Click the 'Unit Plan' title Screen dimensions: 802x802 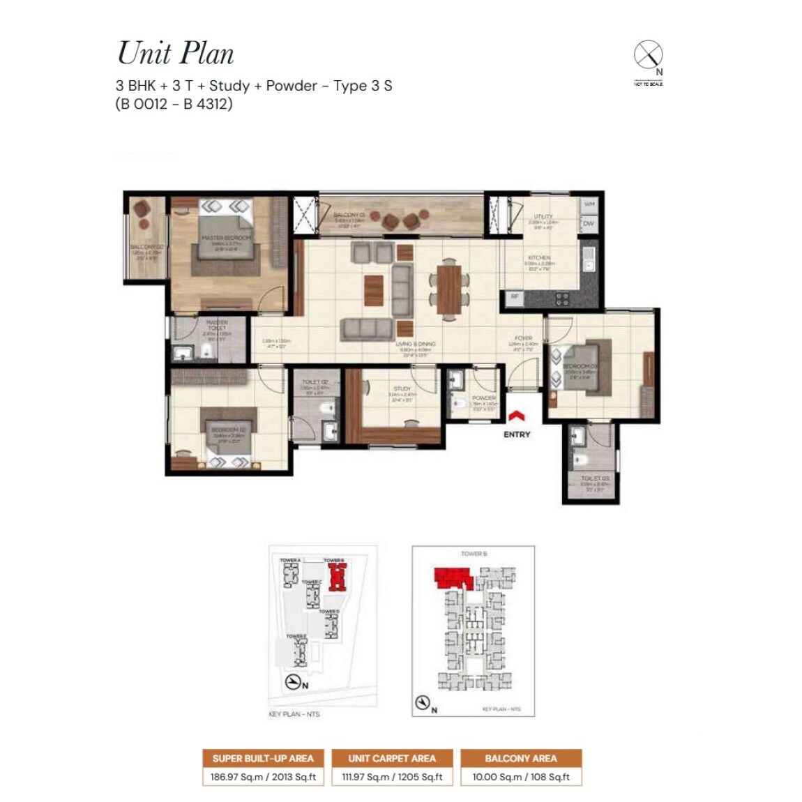click(176, 54)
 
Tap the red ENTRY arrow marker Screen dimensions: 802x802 click(516, 417)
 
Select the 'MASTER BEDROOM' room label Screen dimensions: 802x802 click(226, 238)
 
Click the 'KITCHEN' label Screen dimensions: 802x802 click(539, 258)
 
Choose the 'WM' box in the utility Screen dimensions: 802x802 click(589, 204)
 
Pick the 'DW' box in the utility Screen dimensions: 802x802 click(589, 224)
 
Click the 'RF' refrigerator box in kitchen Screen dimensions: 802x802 click(515, 297)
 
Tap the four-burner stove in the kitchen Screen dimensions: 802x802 click(561, 299)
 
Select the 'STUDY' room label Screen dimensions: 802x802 click(402, 389)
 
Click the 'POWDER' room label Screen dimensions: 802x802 click(484, 398)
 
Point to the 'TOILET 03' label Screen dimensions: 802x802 click(595, 478)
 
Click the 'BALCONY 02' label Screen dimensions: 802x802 click(146, 247)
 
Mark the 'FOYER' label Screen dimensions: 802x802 click(523, 338)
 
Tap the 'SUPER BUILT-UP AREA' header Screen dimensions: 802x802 click(263, 758)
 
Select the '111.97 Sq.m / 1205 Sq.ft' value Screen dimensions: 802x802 click(391, 777)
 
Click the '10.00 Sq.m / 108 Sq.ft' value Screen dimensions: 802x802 click(521, 777)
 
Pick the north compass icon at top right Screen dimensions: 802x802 click(648, 55)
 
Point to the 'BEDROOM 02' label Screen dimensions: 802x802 click(229, 430)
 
